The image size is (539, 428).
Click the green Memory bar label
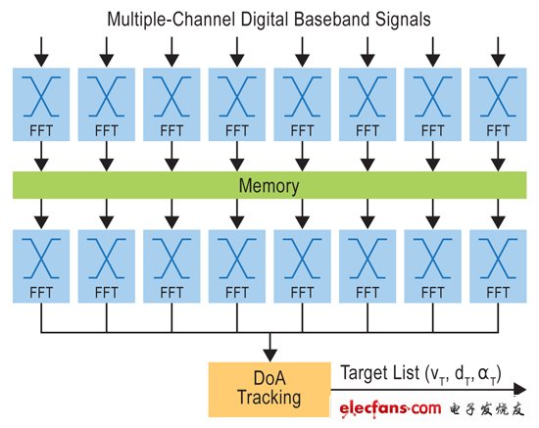pos(269,185)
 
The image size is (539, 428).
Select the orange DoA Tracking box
pos(269,390)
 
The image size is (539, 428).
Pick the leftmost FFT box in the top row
pos(41,105)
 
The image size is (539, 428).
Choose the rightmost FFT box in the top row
pos(498,105)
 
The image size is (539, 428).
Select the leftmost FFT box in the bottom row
pos(41,266)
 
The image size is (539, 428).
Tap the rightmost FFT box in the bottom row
pos(498,266)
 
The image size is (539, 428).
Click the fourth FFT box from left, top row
pos(237,105)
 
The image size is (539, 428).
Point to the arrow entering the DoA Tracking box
pos(270,347)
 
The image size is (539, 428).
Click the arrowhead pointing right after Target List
pos(519,389)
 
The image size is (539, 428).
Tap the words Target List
pos(380,373)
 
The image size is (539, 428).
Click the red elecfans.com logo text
pos(390,408)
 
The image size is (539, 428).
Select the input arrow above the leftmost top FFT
pos(41,52)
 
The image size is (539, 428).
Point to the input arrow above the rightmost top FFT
pos(498,52)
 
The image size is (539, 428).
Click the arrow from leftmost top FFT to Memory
pos(41,157)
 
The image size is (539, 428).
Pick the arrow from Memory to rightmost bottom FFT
pos(498,214)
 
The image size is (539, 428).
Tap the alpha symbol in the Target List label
pos(483,374)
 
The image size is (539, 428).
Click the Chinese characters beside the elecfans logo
pos(487,409)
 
